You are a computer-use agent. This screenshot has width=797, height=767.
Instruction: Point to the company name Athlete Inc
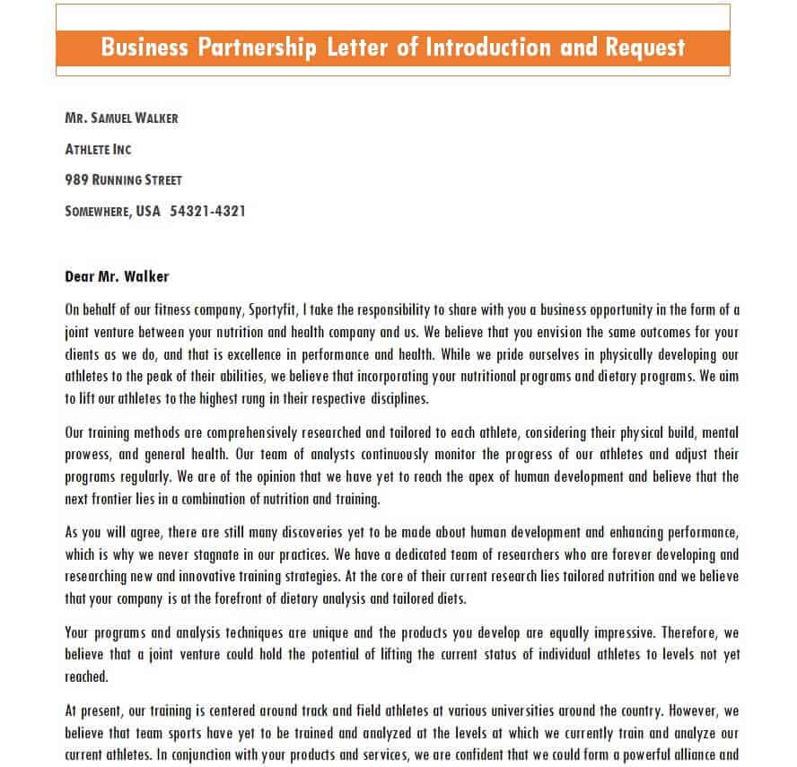[x=99, y=149]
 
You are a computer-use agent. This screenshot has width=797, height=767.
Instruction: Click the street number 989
[x=76, y=180]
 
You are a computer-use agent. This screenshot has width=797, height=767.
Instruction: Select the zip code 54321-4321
[x=207, y=212]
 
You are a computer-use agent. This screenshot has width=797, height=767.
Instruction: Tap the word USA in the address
[x=148, y=212]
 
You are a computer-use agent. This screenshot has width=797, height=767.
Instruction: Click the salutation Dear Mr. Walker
[x=117, y=276]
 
